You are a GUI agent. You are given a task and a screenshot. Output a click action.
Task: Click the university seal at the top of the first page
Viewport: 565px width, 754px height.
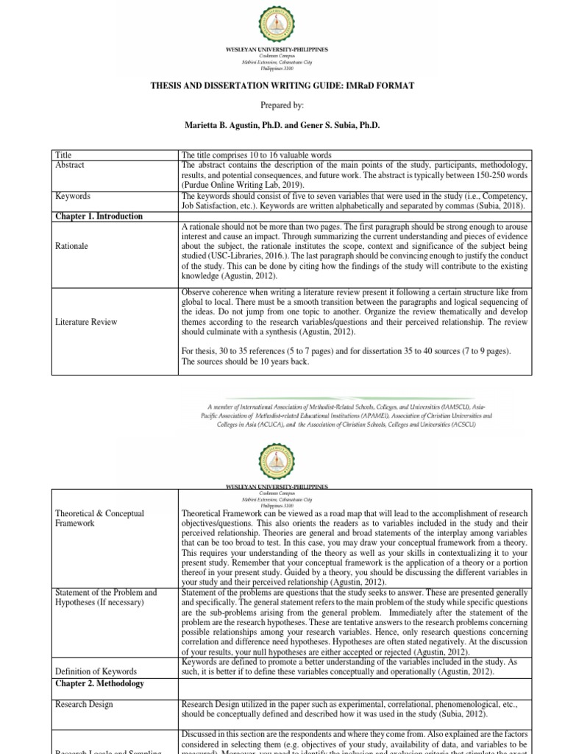[x=282, y=22]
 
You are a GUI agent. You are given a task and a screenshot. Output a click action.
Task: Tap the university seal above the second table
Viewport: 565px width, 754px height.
[x=282, y=462]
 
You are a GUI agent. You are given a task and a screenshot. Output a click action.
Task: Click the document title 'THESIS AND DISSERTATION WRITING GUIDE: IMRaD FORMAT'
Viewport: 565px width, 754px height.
[x=282, y=86]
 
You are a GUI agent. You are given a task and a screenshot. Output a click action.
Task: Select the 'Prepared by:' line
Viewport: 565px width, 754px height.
[x=282, y=105]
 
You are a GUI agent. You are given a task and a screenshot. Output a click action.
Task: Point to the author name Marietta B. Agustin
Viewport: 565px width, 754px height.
[x=230, y=125]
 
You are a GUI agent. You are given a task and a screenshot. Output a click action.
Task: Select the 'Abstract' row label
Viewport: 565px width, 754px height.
[x=71, y=165]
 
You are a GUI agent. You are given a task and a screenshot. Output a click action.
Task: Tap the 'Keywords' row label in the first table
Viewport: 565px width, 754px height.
[x=74, y=197]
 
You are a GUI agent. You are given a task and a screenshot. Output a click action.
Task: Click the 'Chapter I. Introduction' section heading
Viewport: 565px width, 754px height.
[x=99, y=216]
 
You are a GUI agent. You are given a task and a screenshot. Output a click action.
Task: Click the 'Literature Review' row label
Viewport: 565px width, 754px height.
[x=85, y=321]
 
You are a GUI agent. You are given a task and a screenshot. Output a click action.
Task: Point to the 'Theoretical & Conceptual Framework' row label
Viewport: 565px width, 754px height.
[x=100, y=518]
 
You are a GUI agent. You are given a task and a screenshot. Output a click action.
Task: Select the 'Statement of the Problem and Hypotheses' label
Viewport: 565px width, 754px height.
[x=107, y=597]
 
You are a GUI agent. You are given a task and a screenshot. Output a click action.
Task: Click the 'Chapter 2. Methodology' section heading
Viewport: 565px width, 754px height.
[x=99, y=683]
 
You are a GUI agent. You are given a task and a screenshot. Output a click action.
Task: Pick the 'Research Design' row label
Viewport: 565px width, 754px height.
[x=85, y=704]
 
